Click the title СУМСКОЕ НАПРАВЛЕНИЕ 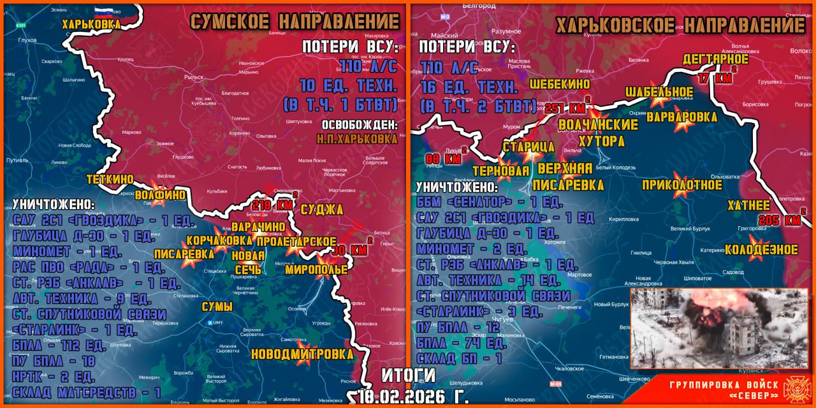click(x=294, y=21)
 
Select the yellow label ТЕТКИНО click(x=110, y=179)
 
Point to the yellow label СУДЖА click(x=321, y=210)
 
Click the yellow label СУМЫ click(x=217, y=307)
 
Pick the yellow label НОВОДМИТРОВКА click(x=302, y=354)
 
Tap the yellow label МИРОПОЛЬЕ click(x=316, y=270)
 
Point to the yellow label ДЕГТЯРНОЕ click(x=715, y=59)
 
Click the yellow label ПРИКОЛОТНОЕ click(x=681, y=185)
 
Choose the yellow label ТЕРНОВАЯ click(x=501, y=170)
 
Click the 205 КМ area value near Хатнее click(x=779, y=220)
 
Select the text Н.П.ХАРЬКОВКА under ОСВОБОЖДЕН click(x=356, y=137)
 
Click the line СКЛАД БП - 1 click(x=459, y=359)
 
